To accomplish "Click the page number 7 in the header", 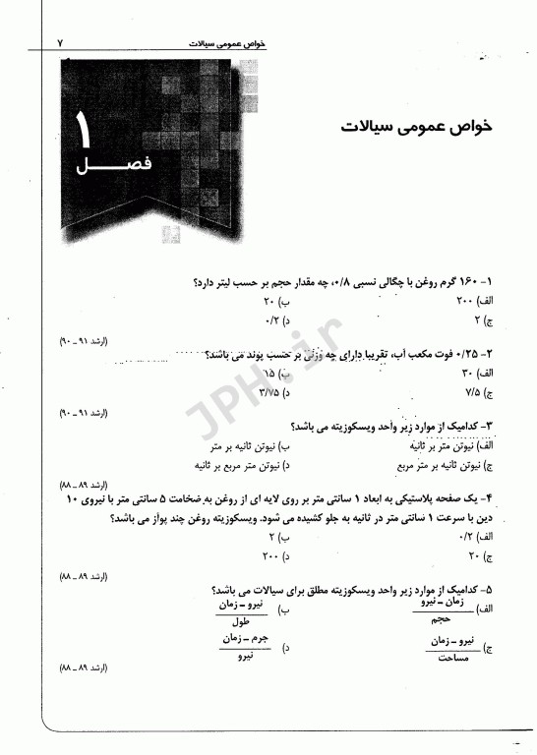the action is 60,44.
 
